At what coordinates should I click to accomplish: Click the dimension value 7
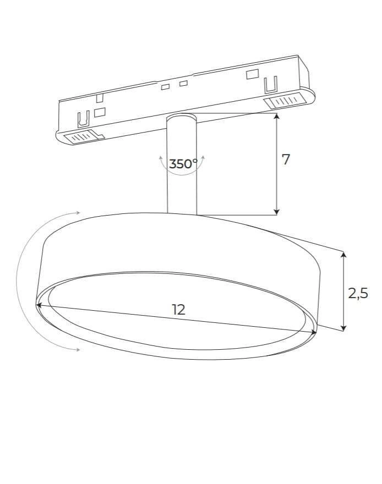[x=286, y=159]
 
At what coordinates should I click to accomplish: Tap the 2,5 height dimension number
[x=358, y=293]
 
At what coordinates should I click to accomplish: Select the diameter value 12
[x=178, y=309]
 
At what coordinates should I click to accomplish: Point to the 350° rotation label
[x=183, y=163]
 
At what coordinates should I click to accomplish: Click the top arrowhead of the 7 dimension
[x=277, y=116]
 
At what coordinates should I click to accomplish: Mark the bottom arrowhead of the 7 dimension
[x=277, y=212]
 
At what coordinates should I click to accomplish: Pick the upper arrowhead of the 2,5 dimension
[x=343, y=255]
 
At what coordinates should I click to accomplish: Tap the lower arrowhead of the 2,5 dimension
[x=343, y=328]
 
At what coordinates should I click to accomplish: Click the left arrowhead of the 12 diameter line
[x=39, y=305]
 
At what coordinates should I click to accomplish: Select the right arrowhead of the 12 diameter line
[x=314, y=332]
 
